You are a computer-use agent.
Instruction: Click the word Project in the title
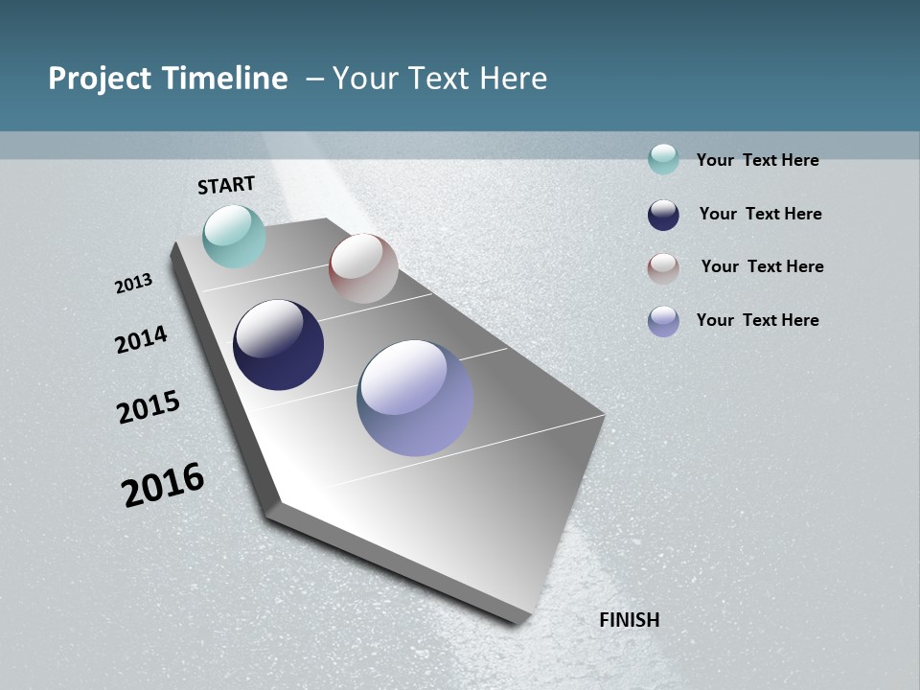pos(98,79)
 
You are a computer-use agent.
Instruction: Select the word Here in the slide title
pos(513,79)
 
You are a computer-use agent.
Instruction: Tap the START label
pos(226,185)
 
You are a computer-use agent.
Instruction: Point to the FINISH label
pos(630,620)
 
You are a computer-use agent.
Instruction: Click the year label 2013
pos(134,284)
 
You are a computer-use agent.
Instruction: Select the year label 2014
pos(142,339)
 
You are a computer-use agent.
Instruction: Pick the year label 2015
pos(149,407)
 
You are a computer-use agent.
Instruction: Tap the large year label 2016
pos(163,485)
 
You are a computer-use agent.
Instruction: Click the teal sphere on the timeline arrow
pos(235,237)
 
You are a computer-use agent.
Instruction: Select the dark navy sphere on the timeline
pos(278,345)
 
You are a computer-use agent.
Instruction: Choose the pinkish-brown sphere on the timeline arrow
pos(363,268)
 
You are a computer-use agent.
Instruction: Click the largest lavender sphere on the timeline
pos(415,398)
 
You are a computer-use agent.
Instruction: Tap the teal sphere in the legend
pos(663,159)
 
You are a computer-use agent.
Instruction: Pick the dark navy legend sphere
pos(663,215)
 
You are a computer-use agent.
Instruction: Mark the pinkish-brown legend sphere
pos(663,268)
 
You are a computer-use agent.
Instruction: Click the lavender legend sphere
pos(663,321)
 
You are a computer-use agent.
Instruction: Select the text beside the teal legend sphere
pos(757,160)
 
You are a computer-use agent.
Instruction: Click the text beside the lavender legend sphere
pos(757,320)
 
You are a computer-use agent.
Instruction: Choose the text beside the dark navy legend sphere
pos(760,214)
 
